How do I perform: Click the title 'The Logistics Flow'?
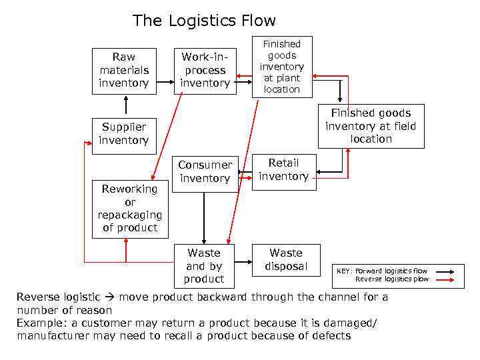point(204,21)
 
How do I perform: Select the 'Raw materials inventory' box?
point(123,70)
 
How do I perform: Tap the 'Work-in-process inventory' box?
point(205,70)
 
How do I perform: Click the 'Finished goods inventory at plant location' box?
point(281,67)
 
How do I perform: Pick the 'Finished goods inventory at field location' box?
point(371,126)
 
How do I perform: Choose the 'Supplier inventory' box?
point(123,133)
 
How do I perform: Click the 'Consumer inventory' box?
point(205,172)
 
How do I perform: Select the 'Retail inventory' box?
point(283,170)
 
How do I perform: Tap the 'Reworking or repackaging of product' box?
point(130,208)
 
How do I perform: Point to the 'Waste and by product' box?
point(204,265)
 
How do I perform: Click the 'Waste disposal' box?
point(286,259)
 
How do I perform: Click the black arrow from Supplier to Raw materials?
point(124,105)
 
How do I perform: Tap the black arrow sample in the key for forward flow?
point(443,271)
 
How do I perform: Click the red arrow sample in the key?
point(443,279)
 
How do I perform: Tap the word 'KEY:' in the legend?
point(345,271)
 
